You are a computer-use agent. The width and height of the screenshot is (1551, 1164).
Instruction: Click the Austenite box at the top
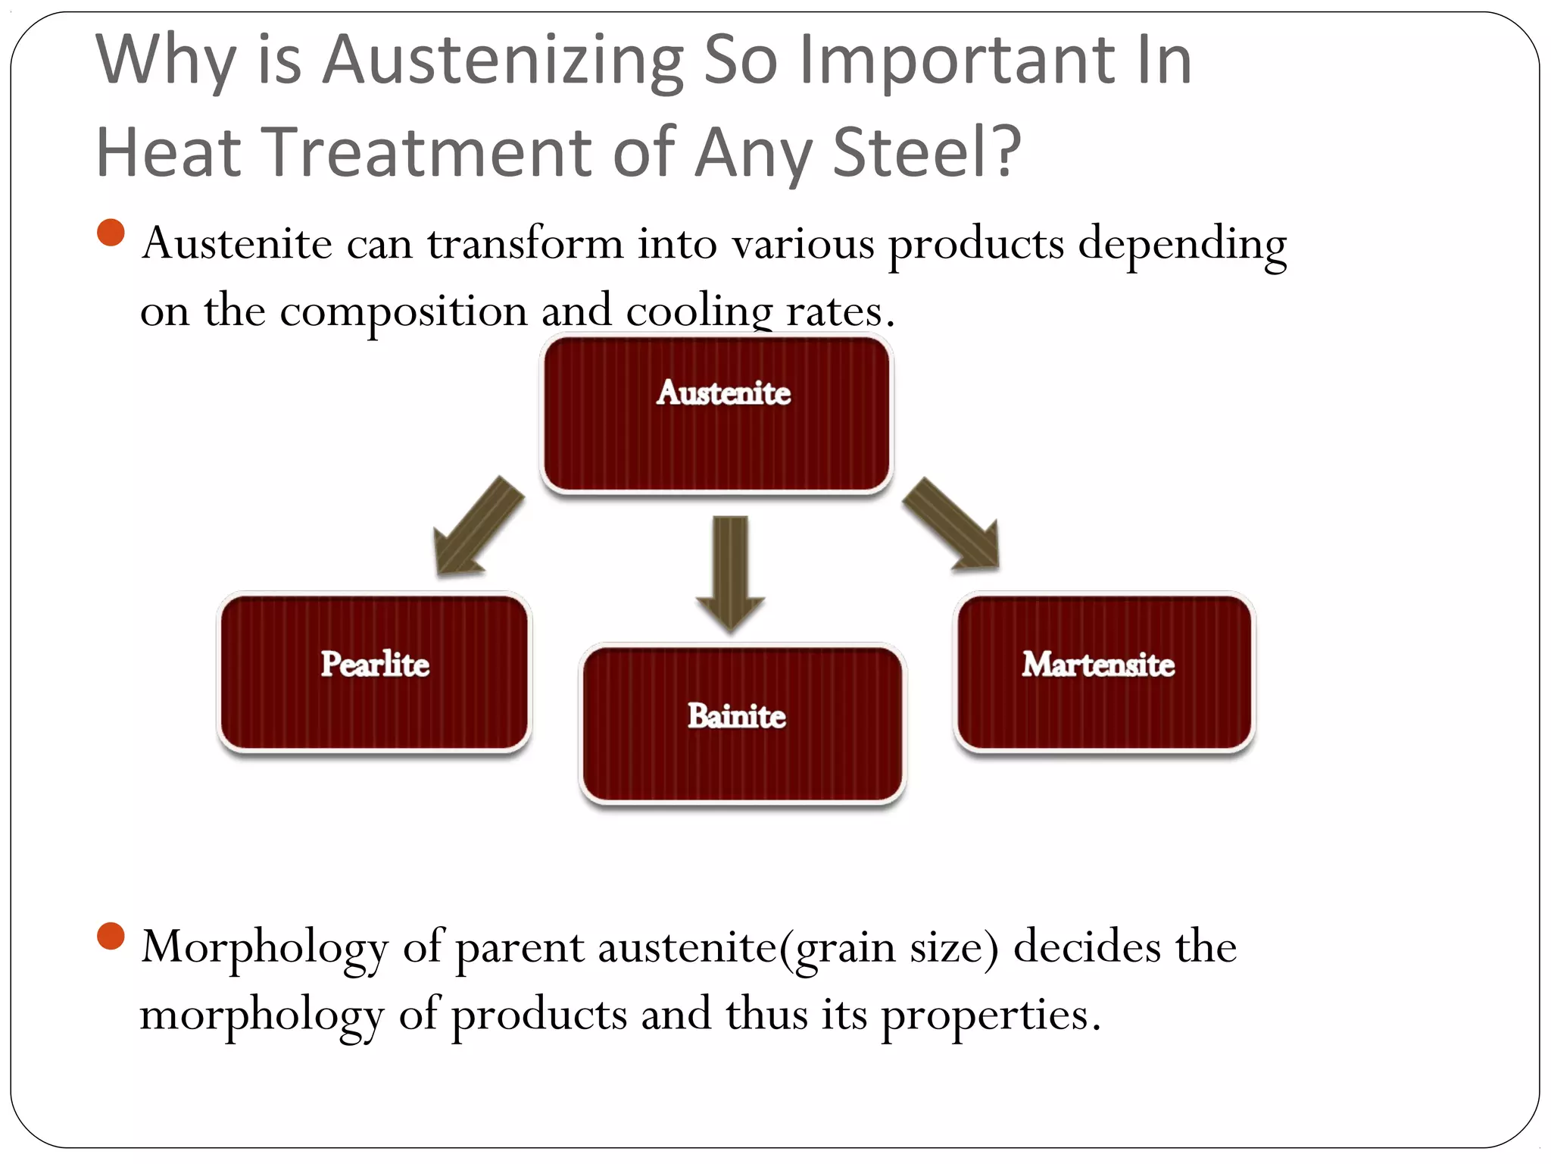(x=716, y=415)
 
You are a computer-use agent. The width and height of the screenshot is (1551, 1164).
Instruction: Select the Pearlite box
(x=374, y=672)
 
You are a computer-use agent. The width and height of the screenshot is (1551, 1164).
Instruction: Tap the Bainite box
(x=742, y=724)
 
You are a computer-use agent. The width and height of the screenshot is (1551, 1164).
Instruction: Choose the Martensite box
(x=1104, y=672)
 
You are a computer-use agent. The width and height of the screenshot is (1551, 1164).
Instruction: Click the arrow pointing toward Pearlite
(x=476, y=529)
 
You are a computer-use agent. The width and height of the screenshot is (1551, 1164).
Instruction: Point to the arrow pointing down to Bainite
(x=731, y=572)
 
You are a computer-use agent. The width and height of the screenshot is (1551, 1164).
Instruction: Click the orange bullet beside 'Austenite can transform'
(x=111, y=233)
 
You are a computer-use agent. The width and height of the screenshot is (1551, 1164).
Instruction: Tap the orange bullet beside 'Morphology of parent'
(x=111, y=936)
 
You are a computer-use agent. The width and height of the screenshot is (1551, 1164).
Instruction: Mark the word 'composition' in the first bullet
(x=403, y=311)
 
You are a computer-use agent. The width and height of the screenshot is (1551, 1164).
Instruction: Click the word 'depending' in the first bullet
(x=1181, y=246)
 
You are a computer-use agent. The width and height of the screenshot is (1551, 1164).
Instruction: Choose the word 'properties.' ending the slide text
(x=991, y=1016)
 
